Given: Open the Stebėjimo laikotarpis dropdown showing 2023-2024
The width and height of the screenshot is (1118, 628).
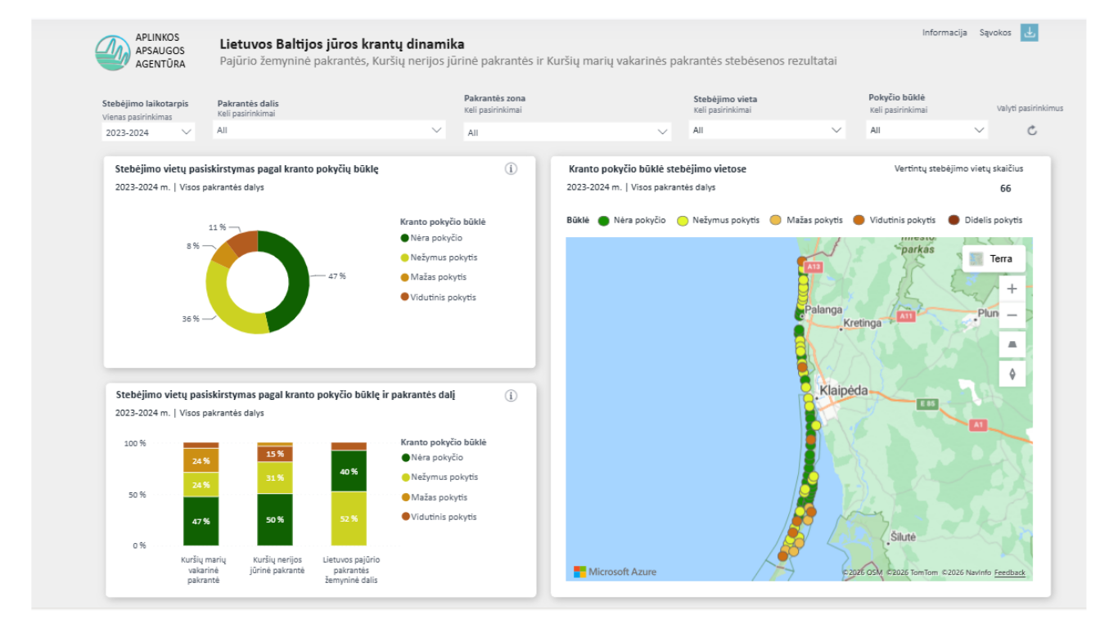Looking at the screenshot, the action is pos(148,132).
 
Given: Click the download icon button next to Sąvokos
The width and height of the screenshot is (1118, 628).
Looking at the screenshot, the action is pos(1029,33).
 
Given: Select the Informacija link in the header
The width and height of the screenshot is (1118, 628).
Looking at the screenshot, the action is pos(944,33).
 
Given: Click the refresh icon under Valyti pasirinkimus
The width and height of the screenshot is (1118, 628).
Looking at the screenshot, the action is pos(1032,131).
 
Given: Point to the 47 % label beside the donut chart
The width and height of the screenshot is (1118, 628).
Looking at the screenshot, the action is pos(337,276).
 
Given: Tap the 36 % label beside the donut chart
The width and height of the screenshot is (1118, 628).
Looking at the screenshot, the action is pos(191,319).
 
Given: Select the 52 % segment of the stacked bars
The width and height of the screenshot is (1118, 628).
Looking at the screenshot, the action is pos(349,518).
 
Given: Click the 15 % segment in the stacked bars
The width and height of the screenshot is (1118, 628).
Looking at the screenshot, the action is pos(275,454).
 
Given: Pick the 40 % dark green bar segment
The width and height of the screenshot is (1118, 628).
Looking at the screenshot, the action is pos(349,471).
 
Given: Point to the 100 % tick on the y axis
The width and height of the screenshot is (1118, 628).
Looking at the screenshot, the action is pos(135,443).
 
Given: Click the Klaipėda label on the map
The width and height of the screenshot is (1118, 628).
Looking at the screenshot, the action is pos(844,391).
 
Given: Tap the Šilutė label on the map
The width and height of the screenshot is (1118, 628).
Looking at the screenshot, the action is pos(903,537).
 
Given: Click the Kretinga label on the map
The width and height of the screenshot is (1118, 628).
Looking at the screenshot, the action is pos(862,323).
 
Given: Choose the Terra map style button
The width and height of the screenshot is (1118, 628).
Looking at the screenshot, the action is pos(994,259).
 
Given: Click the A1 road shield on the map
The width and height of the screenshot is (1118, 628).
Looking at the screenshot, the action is pos(978,425).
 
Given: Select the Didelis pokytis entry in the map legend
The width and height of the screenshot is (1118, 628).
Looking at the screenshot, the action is pos(985,221).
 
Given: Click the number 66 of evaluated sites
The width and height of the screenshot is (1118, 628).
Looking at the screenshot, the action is pos(1005,189).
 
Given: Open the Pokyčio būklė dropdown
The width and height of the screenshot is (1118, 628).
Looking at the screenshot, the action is pos(926,130).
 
